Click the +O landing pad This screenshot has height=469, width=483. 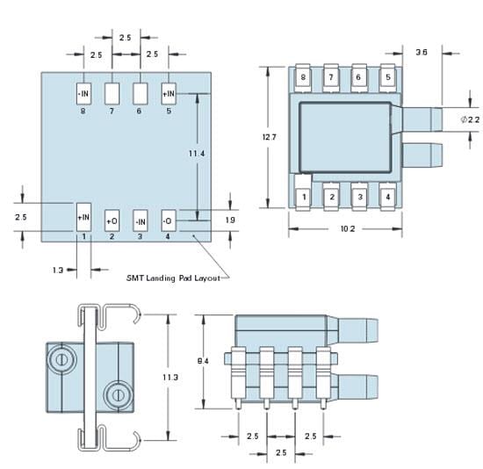[x=112, y=219]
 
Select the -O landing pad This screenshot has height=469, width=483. [x=169, y=219]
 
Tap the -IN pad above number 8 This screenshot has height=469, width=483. [x=83, y=92]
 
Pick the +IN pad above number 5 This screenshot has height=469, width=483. [x=169, y=92]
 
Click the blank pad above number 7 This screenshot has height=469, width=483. [x=112, y=92]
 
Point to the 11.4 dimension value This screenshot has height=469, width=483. [x=197, y=154]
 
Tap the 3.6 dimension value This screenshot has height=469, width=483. [x=422, y=53]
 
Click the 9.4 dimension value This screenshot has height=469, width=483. [x=203, y=360]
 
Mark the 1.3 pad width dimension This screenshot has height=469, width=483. [x=57, y=271]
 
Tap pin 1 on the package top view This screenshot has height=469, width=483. [x=303, y=198]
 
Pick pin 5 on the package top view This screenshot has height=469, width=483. [x=387, y=77]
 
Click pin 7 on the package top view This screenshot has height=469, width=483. [x=331, y=77]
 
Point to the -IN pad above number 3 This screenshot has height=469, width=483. [x=140, y=219]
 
